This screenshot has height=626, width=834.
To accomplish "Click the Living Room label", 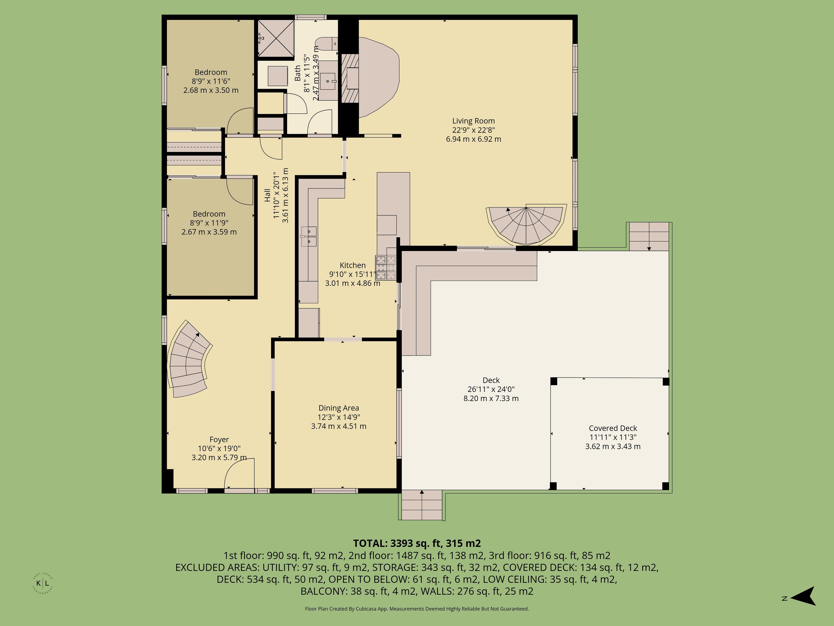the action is (473, 121).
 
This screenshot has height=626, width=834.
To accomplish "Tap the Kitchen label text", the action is (352, 265).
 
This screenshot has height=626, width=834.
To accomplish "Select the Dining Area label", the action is (339, 408).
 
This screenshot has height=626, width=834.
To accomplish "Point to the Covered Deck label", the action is (613, 428).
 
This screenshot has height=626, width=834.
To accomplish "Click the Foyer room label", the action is (219, 440).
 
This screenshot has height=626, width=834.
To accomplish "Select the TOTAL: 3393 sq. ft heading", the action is (417, 543).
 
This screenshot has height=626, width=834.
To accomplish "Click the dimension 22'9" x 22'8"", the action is (473, 130).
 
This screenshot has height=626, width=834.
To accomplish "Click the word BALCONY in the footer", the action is (323, 591).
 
